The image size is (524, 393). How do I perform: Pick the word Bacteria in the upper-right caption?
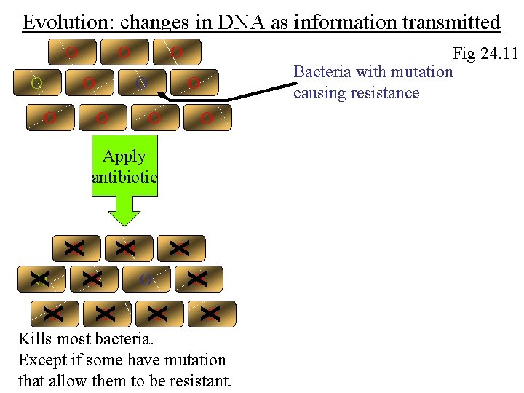pos(322,71)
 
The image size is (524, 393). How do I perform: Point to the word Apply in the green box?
pos(124,156)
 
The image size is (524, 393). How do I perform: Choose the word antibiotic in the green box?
pos(124,177)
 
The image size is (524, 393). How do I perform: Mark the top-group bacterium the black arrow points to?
pos(142,84)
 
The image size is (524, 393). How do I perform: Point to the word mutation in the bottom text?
pos(195,360)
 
